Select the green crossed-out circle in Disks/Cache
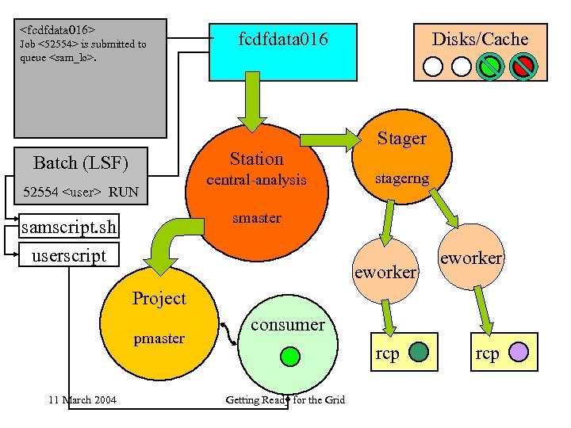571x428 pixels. tap(491, 66)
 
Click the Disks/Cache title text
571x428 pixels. tap(480, 39)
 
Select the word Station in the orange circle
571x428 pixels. tap(256, 159)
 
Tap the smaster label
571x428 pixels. tap(256, 217)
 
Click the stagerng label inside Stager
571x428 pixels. tap(402, 179)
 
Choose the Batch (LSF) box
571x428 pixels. tap(80, 163)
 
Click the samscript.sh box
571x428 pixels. tap(69, 228)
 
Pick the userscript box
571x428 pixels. tap(68, 256)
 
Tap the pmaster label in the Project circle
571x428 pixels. tap(159, 338)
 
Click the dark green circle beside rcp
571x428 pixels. tap(420, 352)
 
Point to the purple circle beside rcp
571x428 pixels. tap(518, 352)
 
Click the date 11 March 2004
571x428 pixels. tap(82, 399)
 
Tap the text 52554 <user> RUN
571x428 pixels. tap(80, 192)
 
